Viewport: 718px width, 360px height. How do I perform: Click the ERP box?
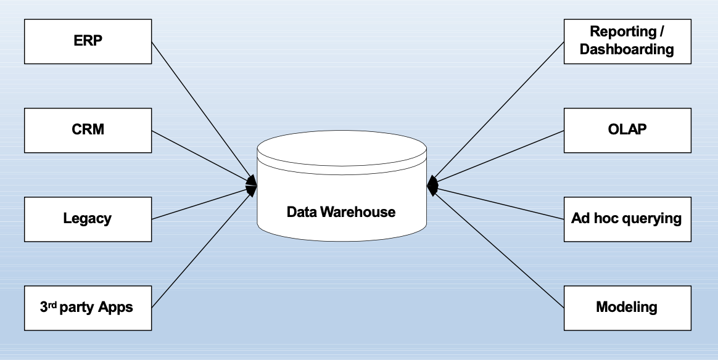(x=88, y=41)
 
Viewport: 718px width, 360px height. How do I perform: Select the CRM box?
(x=88, y=130)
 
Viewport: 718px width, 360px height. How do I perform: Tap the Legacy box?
(x=88, y=219)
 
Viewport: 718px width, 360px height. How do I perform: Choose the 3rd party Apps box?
(x=88, y=308)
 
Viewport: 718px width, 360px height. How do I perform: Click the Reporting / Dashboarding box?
(x=627, y=41)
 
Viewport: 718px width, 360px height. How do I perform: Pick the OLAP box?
(x=627, y=130)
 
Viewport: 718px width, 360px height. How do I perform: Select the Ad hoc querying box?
(x=627, y=219)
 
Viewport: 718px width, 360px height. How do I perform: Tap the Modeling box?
(x=627, y=308)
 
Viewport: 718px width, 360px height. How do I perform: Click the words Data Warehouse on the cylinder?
(x=341, y=212)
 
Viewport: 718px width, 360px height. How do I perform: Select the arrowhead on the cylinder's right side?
(x=432, y=184)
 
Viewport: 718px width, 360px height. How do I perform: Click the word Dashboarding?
(x=627, y=50)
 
